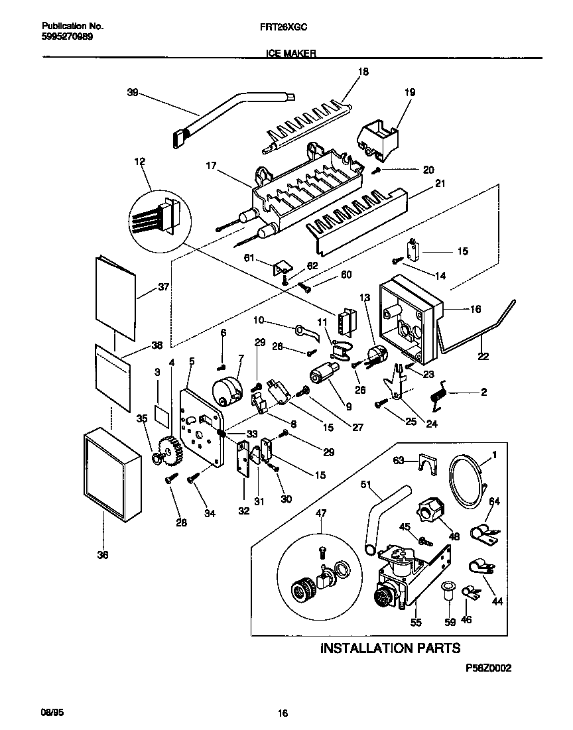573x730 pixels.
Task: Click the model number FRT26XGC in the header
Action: coord(286,27)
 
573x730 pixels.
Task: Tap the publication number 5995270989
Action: coord(67,37)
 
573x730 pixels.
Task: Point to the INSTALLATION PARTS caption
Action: coord(389,648)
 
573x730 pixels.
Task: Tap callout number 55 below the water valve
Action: coord(416,623)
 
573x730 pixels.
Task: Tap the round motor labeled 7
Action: coord(225,389)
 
